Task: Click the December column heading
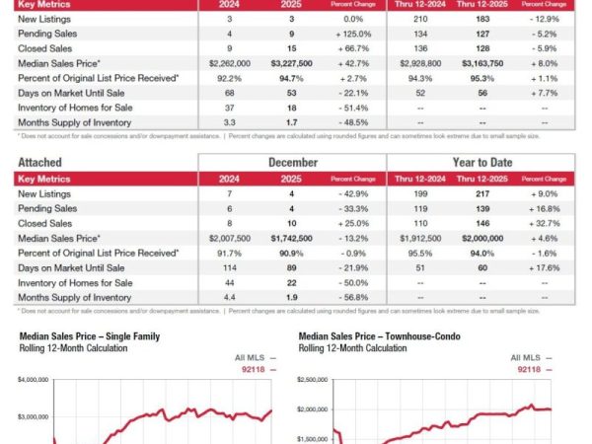292,162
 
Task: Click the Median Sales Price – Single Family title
80,335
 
